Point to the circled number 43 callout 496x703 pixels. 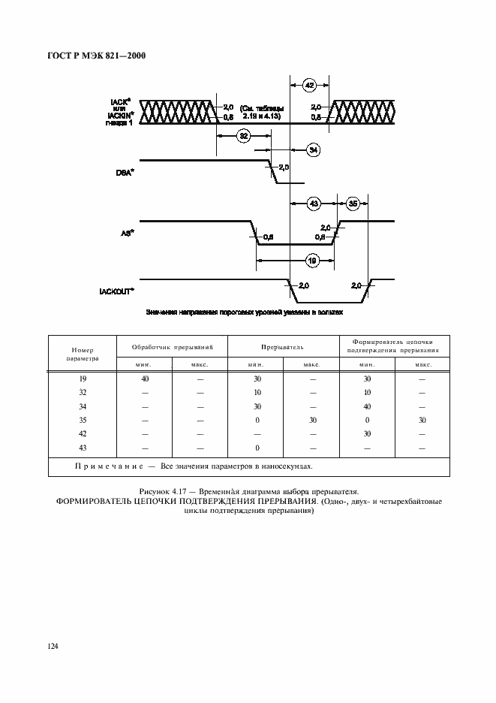click(x=314, y=204)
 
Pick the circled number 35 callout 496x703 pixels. click(x=353, y=204)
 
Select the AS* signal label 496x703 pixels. click(x=128, y=234)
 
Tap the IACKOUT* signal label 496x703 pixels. click(x=116, y=291)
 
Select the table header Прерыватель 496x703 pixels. click(x=282, y=348)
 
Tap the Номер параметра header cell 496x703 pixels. click(x=83, y=354)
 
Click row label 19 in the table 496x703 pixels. click(x=83, y=380)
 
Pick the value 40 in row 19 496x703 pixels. click(x=145, y=380)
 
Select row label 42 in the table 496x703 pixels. click(x=83, y=434)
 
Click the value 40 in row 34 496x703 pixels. click(x=367, y=407)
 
